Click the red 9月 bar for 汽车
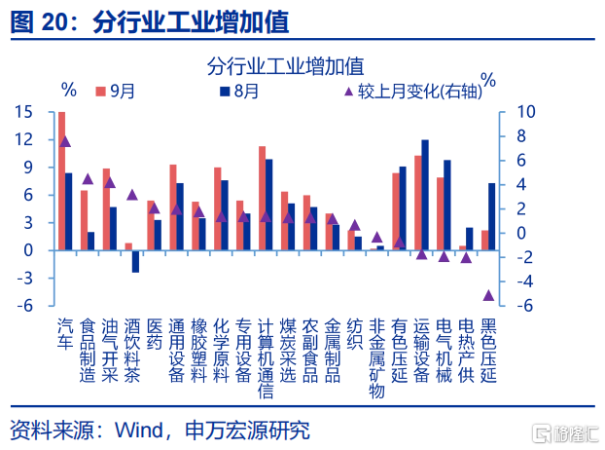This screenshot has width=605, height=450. coord(62,181)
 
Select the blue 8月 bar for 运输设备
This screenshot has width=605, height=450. coord(425,195)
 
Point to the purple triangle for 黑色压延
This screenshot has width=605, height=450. coord(489,295)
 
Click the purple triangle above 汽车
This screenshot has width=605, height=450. coord(65,141)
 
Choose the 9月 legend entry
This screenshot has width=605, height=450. coord(115,91)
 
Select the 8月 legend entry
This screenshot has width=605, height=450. coord(239,91)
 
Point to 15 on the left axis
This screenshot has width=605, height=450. coord(24,112)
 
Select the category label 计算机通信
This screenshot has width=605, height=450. coord(267,356)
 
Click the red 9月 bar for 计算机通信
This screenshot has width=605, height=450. coord(262,198)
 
